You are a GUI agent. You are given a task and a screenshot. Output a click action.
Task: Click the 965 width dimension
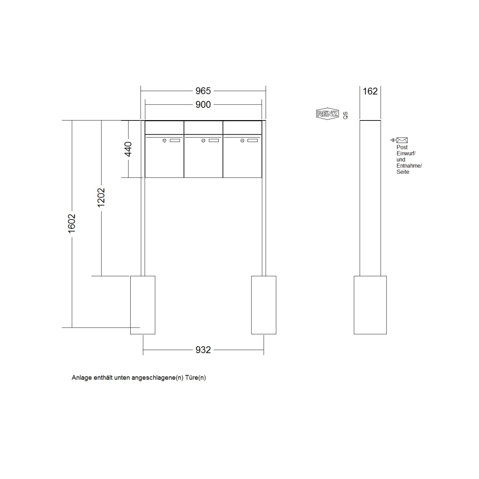point(203,91)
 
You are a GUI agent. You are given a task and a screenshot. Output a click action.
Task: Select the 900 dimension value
point(203,105)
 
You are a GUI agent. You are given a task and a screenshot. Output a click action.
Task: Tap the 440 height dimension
point(128,149)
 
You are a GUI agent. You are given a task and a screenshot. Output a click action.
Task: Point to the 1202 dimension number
point(101,198)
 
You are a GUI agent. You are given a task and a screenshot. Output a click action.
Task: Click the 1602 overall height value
point(72,224)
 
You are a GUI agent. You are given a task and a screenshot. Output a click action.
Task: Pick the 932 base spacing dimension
point(203,350)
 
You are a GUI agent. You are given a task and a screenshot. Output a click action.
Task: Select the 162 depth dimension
point(370,91)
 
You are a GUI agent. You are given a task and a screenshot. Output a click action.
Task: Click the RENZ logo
point(327,114)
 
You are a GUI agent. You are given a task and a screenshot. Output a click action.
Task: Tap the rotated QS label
point(345,115)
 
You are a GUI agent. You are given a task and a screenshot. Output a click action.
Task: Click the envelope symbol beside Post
point(402,140)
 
